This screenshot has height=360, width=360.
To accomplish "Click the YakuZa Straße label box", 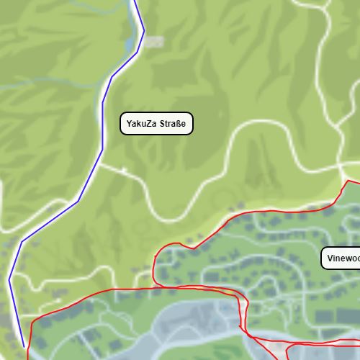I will point(157,124).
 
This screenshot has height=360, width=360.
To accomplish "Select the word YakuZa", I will point(142,124).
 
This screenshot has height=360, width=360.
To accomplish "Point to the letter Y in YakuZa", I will point(129,124).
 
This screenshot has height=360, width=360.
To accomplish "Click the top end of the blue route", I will point(132,1).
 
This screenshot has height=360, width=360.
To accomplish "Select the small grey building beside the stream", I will point(153,42).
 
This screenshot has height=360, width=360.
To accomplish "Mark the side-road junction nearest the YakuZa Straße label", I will point(101,164).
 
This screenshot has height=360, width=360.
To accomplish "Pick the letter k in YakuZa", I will point(138,124).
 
